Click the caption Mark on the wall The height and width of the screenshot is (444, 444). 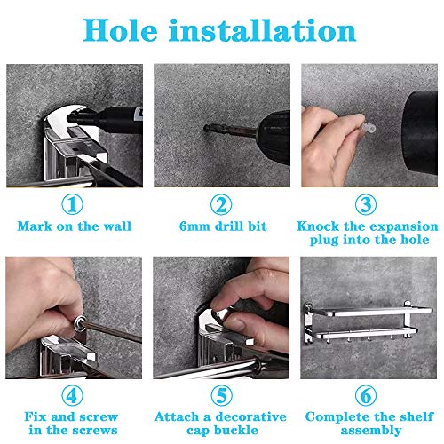(74, 226)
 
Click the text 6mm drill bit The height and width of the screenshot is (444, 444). (220, 226)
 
